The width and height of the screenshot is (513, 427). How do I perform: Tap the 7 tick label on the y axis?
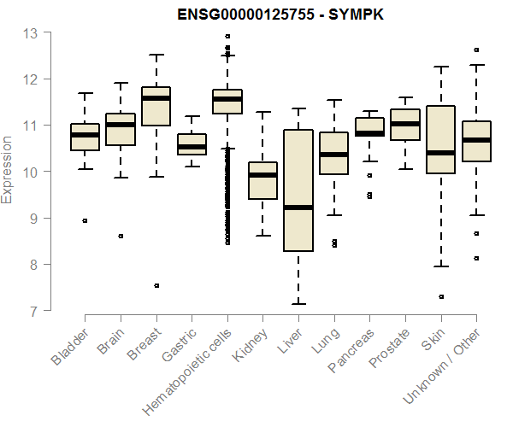pos(33,311)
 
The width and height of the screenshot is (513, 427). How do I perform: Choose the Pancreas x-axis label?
pos(351,350)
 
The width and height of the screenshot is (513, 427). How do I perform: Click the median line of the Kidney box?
pos(262,175)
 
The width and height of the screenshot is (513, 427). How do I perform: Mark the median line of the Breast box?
pos(156,98)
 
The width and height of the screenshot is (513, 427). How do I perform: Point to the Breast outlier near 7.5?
pos(156,285)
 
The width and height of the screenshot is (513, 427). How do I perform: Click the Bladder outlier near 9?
pos(85,220)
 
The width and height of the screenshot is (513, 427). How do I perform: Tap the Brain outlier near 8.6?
pos(121,236)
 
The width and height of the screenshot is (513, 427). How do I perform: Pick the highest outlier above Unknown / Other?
pos(476,50)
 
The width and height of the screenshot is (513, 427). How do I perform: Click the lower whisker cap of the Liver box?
pos(298,303)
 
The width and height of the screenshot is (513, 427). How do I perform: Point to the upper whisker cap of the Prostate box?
pos(405,97)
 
